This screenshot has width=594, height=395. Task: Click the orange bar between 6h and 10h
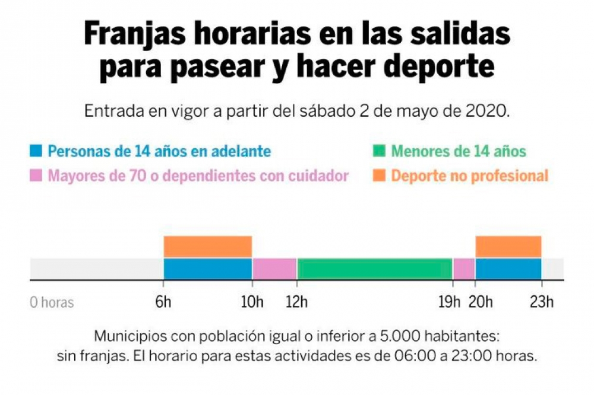click(x=208, y=246)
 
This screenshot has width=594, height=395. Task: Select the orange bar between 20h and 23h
click(x=508, y=246)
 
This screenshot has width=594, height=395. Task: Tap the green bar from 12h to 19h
click(x=375, y=269)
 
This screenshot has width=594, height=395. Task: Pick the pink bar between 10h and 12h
click(x=274, y=269)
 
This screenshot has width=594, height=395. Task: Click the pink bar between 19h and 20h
click(x=464, y=269)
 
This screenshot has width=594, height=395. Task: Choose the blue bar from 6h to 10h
click(x=208, y=269)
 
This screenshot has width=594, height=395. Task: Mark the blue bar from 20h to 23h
click(x=508, y=269)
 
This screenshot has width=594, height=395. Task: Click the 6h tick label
click(x=164, y=302)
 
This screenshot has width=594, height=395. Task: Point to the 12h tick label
click(x=296, y=302)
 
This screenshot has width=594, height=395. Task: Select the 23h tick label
click(x=542, y=302)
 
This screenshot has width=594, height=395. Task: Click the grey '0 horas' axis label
click(x=52, y=302)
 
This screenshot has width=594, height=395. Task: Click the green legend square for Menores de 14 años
click(x=378, y=151)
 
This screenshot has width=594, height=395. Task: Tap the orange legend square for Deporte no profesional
click(x=378, y=176)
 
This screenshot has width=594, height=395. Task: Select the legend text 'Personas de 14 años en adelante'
click(x=159, y=151)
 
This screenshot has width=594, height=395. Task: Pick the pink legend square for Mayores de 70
click(x=36, y=176)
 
